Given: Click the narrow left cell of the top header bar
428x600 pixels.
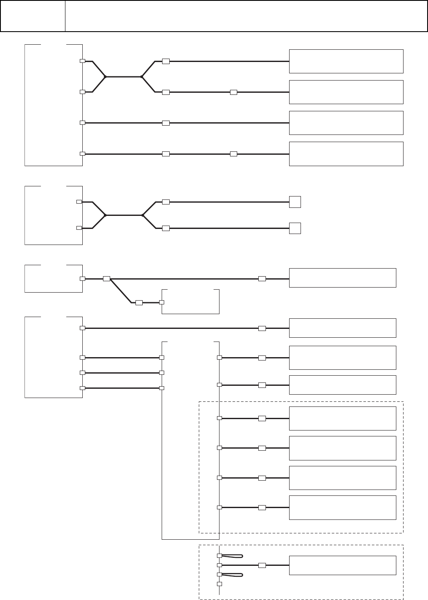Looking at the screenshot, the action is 33,16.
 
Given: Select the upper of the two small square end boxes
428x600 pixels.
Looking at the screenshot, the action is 295,202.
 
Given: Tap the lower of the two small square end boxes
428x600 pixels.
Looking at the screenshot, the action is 295,228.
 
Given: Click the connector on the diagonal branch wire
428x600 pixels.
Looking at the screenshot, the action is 139,302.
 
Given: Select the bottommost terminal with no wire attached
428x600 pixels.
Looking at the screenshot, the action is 219,584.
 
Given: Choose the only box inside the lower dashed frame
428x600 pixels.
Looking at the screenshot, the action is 342,565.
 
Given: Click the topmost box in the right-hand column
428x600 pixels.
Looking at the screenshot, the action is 346,61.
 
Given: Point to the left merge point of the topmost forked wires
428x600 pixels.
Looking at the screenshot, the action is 105,77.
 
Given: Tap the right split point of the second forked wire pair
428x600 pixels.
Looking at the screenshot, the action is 143,215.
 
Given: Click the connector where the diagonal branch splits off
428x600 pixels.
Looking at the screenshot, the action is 106,279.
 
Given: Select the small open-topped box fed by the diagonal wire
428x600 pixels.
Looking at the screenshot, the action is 190,302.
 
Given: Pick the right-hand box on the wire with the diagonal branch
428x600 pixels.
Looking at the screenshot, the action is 342,277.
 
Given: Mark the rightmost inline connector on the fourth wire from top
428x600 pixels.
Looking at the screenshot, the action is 233,154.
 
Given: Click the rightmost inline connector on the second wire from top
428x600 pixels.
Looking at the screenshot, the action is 233,92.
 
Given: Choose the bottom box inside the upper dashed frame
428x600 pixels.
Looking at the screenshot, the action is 342,507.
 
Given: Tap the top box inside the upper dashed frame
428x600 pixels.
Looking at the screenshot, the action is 342,418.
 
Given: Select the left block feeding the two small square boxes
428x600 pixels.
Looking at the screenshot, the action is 53,215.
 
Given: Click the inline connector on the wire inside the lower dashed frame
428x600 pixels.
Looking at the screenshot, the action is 262,565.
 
